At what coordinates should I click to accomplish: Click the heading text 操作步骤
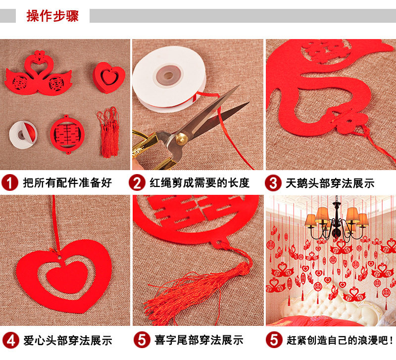coord(52,16)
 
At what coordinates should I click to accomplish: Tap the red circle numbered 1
coord(9,182)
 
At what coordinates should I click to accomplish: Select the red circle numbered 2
coord(137,182)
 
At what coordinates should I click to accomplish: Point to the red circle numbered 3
coord(273,182)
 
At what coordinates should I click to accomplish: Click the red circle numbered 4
coord(10,340)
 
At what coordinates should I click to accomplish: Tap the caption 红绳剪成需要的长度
coord(199,183)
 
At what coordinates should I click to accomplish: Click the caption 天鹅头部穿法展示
coord(330,183)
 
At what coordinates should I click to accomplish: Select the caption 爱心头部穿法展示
coord(68,340)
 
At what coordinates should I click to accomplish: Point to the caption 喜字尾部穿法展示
coord(199,340)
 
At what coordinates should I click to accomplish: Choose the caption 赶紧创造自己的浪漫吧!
coord(340,340)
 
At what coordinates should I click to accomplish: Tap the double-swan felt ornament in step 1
coord(39,73)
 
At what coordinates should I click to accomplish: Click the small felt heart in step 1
coord(109,77)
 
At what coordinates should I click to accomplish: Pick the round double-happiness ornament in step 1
coord(67,134)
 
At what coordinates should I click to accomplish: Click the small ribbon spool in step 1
coord(23,135)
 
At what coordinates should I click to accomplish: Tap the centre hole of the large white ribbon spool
coord(168,76)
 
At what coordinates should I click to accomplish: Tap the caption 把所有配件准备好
coord(67,182)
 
